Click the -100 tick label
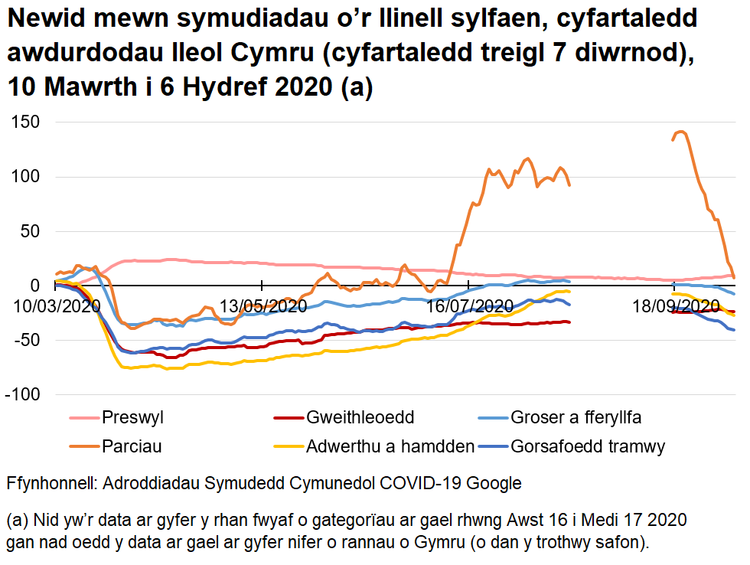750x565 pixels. (x=24, y=394)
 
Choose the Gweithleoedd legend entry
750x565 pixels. (x=360, y=418)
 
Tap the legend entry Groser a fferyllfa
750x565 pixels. (x=576, y=418)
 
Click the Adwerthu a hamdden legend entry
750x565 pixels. (x=390, y=446)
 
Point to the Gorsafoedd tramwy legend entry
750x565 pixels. (x=588, y=446)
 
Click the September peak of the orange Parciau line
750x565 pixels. (x=681, y=132)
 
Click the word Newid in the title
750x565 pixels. (x=45, y=19)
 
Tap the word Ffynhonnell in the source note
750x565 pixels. (x=51, y=484)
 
